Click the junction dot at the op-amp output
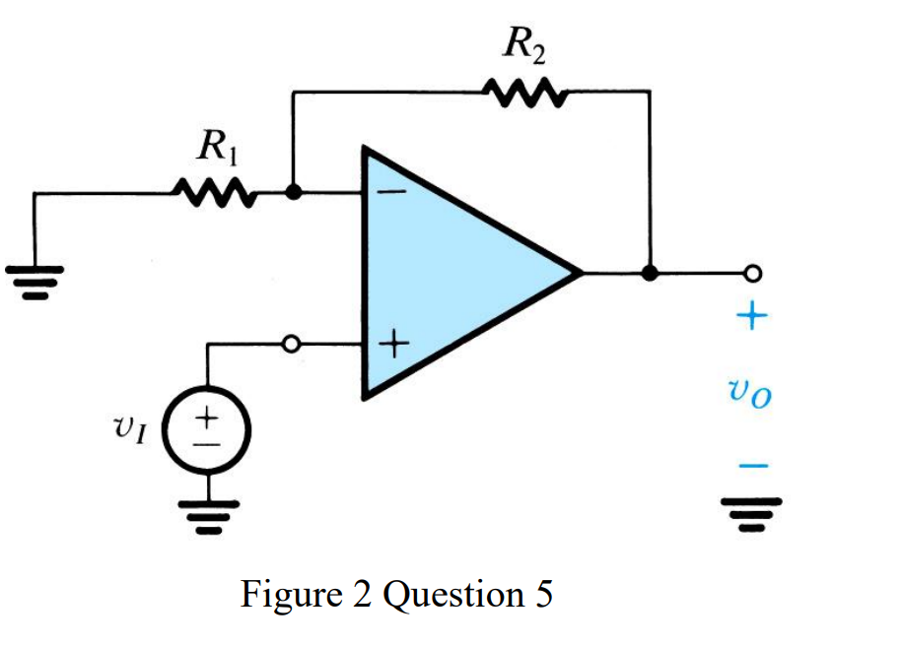pyautogui.click(x=649, y=273)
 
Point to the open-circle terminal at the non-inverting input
pyautogui.click(x=290, y=345)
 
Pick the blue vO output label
pyautogui.click(x=752, y=394)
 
